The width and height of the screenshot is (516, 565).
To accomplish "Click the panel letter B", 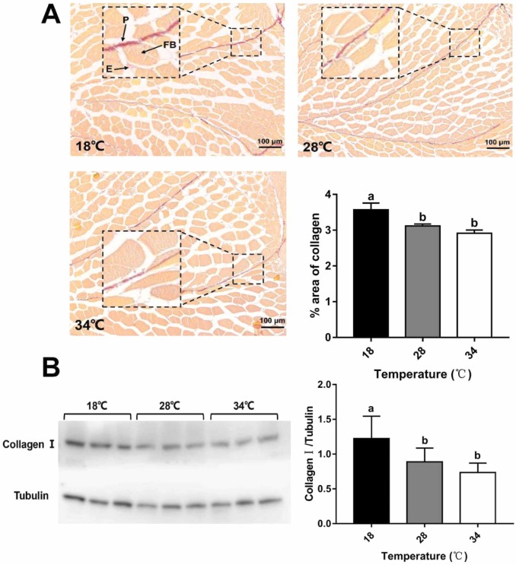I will point(51,369).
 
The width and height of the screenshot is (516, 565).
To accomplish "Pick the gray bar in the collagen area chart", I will point(422,281).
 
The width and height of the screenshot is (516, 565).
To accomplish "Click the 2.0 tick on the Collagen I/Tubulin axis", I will point(330,385).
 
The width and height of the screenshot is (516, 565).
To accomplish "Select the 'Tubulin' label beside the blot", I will point(30,497).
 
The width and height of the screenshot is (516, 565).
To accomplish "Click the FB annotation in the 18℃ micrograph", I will point(169,46).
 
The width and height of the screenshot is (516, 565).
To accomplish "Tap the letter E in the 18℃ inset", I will point(109,69).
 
